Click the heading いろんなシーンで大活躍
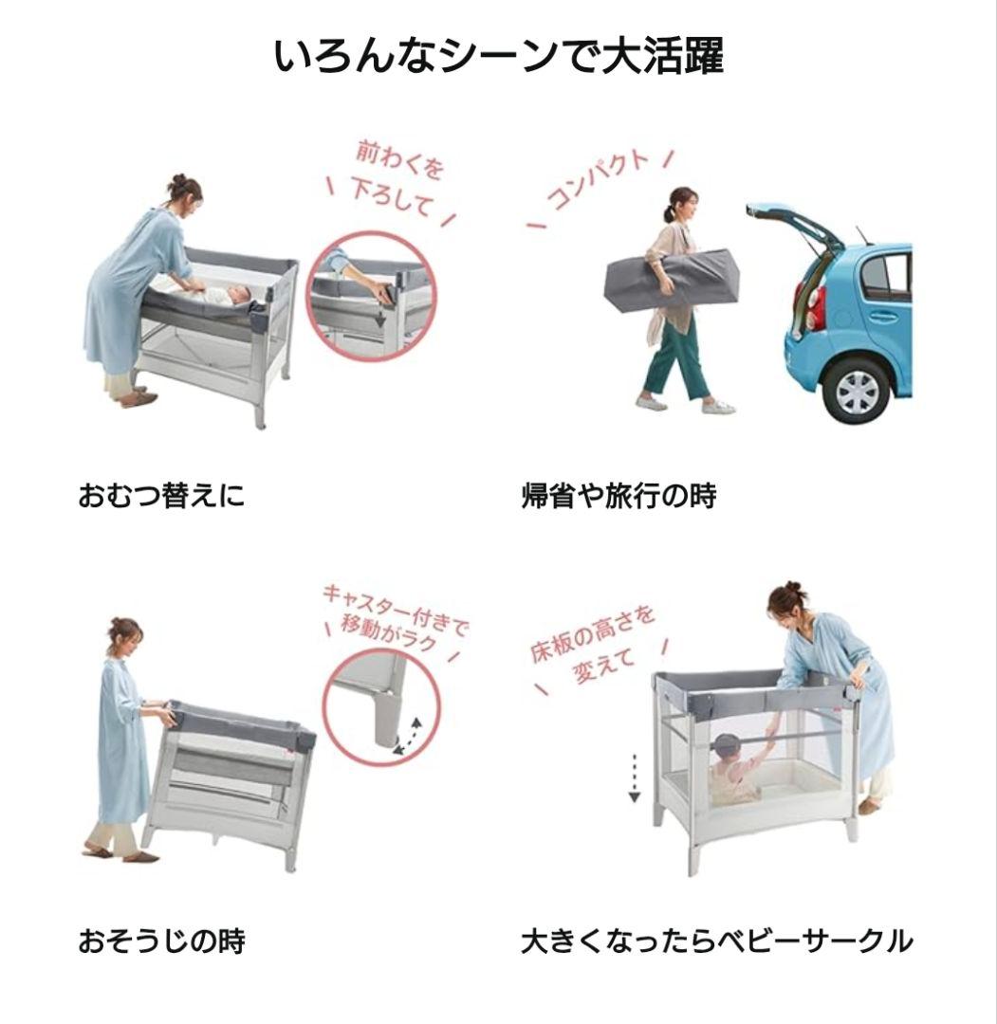tap(498, 56)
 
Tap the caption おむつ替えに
tap(161, 495)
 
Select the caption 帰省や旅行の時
tap(619, 495)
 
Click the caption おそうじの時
tap(161, 942)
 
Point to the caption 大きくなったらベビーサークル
tap(716, 942)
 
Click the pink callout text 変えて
tap(603, 668)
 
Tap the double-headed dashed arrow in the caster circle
tap(409, 736)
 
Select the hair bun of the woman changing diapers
tap(177, 179)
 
